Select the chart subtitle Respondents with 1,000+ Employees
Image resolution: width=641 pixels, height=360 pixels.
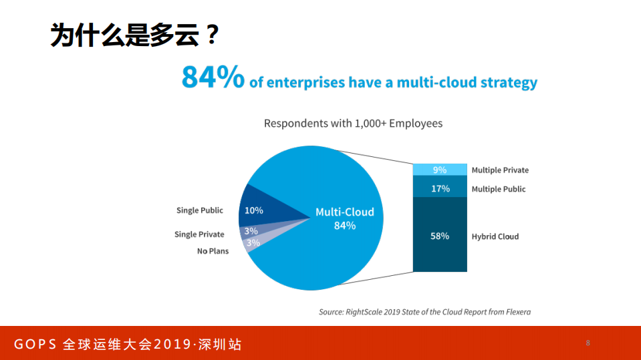353,124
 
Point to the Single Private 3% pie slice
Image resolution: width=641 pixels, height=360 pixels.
252,231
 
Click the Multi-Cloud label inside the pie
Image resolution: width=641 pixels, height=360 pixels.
344,212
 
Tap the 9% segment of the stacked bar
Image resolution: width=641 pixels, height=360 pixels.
439,170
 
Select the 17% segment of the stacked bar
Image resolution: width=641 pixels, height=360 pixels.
439,188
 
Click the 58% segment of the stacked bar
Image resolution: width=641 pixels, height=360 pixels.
439,236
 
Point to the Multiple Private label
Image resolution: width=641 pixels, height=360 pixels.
500,170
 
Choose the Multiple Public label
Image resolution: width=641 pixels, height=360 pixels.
499,189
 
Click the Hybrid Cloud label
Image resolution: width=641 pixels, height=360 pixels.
495,236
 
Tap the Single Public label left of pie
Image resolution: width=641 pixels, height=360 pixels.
200,210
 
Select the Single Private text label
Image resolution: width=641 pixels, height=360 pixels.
199,234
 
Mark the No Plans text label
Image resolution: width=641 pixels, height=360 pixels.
213,251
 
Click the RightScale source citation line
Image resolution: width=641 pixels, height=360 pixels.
424,312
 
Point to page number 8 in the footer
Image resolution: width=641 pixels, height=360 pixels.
588,343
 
